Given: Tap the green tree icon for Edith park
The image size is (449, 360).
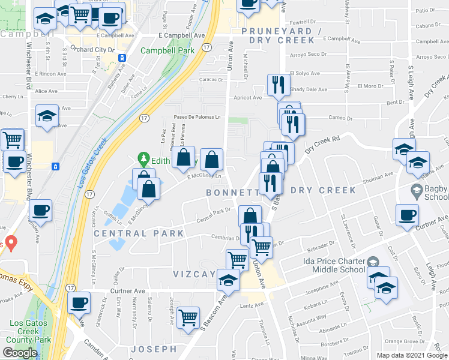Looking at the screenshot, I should [143, 159].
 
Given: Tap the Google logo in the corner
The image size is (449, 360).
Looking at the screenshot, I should [20, 352].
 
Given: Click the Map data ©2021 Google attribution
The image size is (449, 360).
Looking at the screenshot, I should [412, 355].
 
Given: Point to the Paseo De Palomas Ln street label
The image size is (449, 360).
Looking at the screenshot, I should [197, 117].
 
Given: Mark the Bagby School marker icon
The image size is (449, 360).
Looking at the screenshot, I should [415, 191].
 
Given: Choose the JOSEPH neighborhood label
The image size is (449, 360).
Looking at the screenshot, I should [154, 349].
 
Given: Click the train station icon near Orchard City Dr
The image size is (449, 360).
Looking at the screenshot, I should [122, 58].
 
